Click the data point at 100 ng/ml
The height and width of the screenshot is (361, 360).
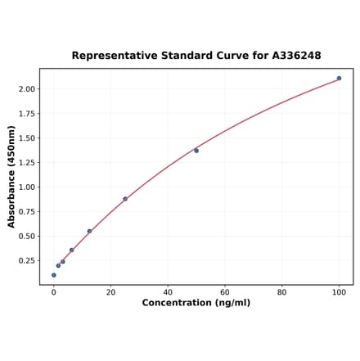[339, 79]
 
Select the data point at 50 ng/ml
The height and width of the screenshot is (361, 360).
[196, 151]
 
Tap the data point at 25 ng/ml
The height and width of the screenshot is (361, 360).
[125, 199]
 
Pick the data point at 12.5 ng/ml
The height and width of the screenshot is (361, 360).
[89, 231]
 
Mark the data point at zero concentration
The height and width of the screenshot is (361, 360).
[54, 275]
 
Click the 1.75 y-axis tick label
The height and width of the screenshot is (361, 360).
[26, 114]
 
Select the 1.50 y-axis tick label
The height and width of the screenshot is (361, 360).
[26, 138]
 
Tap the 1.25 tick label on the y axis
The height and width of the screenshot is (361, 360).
[26, 163]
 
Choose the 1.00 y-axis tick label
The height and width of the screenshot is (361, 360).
[26, 187]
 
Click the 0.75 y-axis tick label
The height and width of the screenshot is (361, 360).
[26, 212]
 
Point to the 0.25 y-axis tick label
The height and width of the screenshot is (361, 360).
[26, 261]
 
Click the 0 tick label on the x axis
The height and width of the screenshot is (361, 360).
[54, 291]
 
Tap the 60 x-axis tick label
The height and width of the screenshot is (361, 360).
[225, 291]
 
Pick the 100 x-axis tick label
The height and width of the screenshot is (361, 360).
[339, 291]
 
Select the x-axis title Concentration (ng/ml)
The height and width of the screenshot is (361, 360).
[196, 303]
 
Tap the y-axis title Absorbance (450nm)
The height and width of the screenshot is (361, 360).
[12, 177]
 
